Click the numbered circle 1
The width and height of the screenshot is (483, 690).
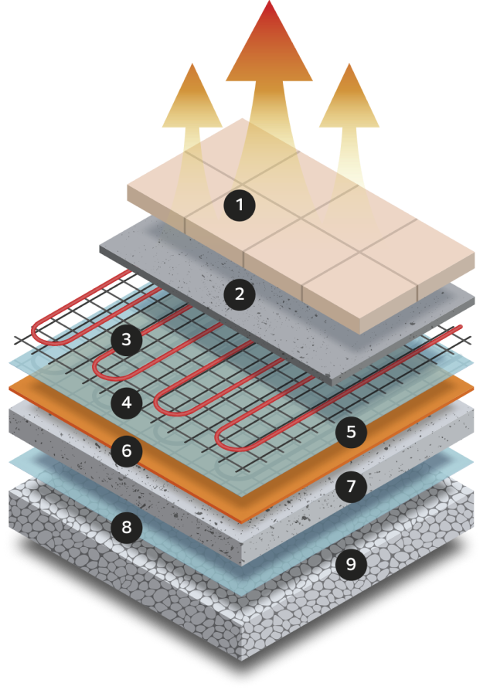coord(240,205)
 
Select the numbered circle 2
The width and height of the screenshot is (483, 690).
coord(240,294)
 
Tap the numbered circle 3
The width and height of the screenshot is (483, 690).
coord(126,339)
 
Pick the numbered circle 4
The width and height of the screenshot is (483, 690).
coord(126,403)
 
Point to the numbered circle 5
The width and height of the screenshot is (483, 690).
coord(351,432)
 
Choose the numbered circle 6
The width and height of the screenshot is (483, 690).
coord(126,450)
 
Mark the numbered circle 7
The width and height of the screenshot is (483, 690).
coord(351,486)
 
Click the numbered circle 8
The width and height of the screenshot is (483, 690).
coord(126,529)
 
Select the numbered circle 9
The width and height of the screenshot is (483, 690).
coord(351,565)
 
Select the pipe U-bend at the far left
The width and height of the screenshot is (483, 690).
coord(36,334)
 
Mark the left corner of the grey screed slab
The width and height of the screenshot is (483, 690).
coord(101,250)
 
